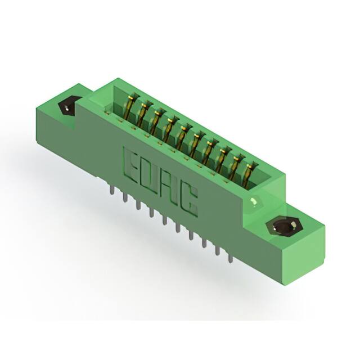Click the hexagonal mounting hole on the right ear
tap(280, 228)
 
